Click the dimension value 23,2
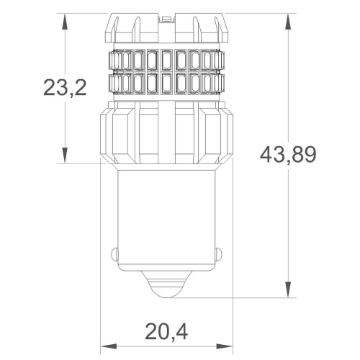65,89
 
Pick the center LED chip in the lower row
167,83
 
